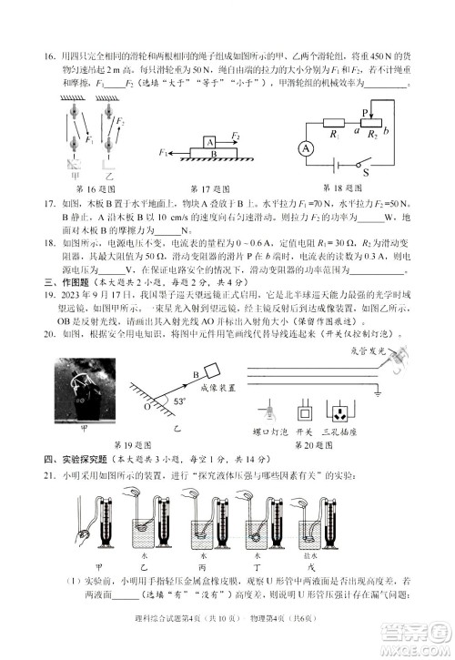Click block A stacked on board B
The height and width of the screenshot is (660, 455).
tap(210, 142)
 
